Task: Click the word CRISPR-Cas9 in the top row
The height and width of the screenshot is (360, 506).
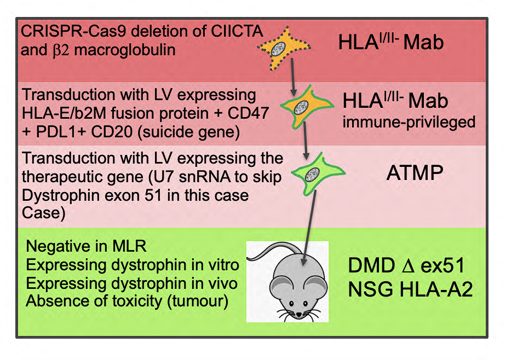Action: (x=73, y=32)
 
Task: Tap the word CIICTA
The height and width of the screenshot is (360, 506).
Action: (x=237, y=31)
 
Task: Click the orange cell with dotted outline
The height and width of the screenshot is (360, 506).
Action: (x=284, y=48)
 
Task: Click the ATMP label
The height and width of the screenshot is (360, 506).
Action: (x=415, y=173)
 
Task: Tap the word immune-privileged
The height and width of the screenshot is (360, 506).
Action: (x=409, y=123)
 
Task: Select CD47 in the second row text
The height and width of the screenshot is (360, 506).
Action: (x=248, y=113)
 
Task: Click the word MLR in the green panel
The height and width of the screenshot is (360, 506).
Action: (x=129, y=247)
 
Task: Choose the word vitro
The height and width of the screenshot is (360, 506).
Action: (x=223, y=265)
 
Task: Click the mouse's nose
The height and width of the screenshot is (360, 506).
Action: (x=299, y=313)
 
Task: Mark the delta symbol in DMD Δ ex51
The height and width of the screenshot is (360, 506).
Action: (x=408, y=266)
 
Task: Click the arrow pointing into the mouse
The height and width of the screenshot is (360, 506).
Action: (x=309, y=228)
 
